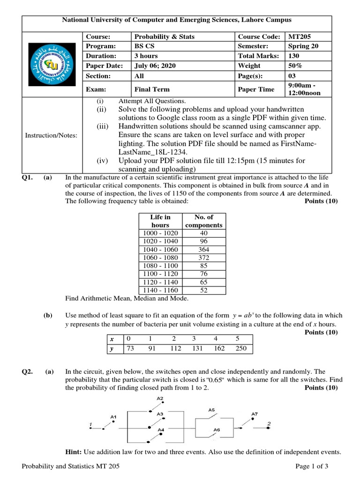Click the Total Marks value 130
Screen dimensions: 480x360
click(295, 56)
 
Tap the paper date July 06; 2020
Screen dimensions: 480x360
click(155, 66)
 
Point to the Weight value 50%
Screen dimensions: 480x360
click(295, 66)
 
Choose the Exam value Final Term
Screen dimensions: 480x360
click(152, 89)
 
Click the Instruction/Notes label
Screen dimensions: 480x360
click(52, 135)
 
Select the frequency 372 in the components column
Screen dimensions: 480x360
click(204, 257)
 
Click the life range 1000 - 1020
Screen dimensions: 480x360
click(160, 233)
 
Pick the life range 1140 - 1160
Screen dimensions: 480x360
click(160, 290)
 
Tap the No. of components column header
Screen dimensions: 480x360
click(204, 221)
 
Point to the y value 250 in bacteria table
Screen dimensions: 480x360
click(241, 348)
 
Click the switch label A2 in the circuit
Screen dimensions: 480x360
click(160, 398)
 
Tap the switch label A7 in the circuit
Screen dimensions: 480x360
click(254, 413)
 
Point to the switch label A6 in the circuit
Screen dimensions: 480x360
click(217, 429)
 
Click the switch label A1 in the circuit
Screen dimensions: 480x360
click(113, 416)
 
